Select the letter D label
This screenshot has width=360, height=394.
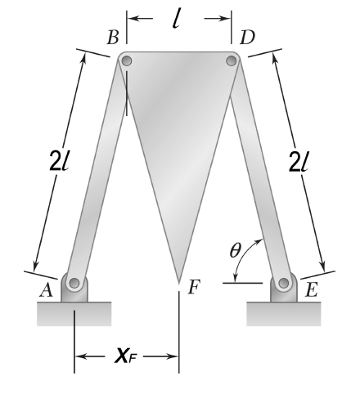[x=246, y=38]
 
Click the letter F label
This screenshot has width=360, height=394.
[x=194, y=287]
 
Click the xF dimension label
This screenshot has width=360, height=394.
[x=127, y=356]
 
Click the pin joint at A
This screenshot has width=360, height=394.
[x=74, y=284]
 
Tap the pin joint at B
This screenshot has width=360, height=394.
[x=126, y=60]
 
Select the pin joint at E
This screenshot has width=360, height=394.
[x=284, y=283]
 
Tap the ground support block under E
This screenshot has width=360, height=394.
[x=284, y=313]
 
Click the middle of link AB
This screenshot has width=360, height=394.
[x=100, y=172]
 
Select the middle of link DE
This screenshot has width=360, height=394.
[x=258, y=171]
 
